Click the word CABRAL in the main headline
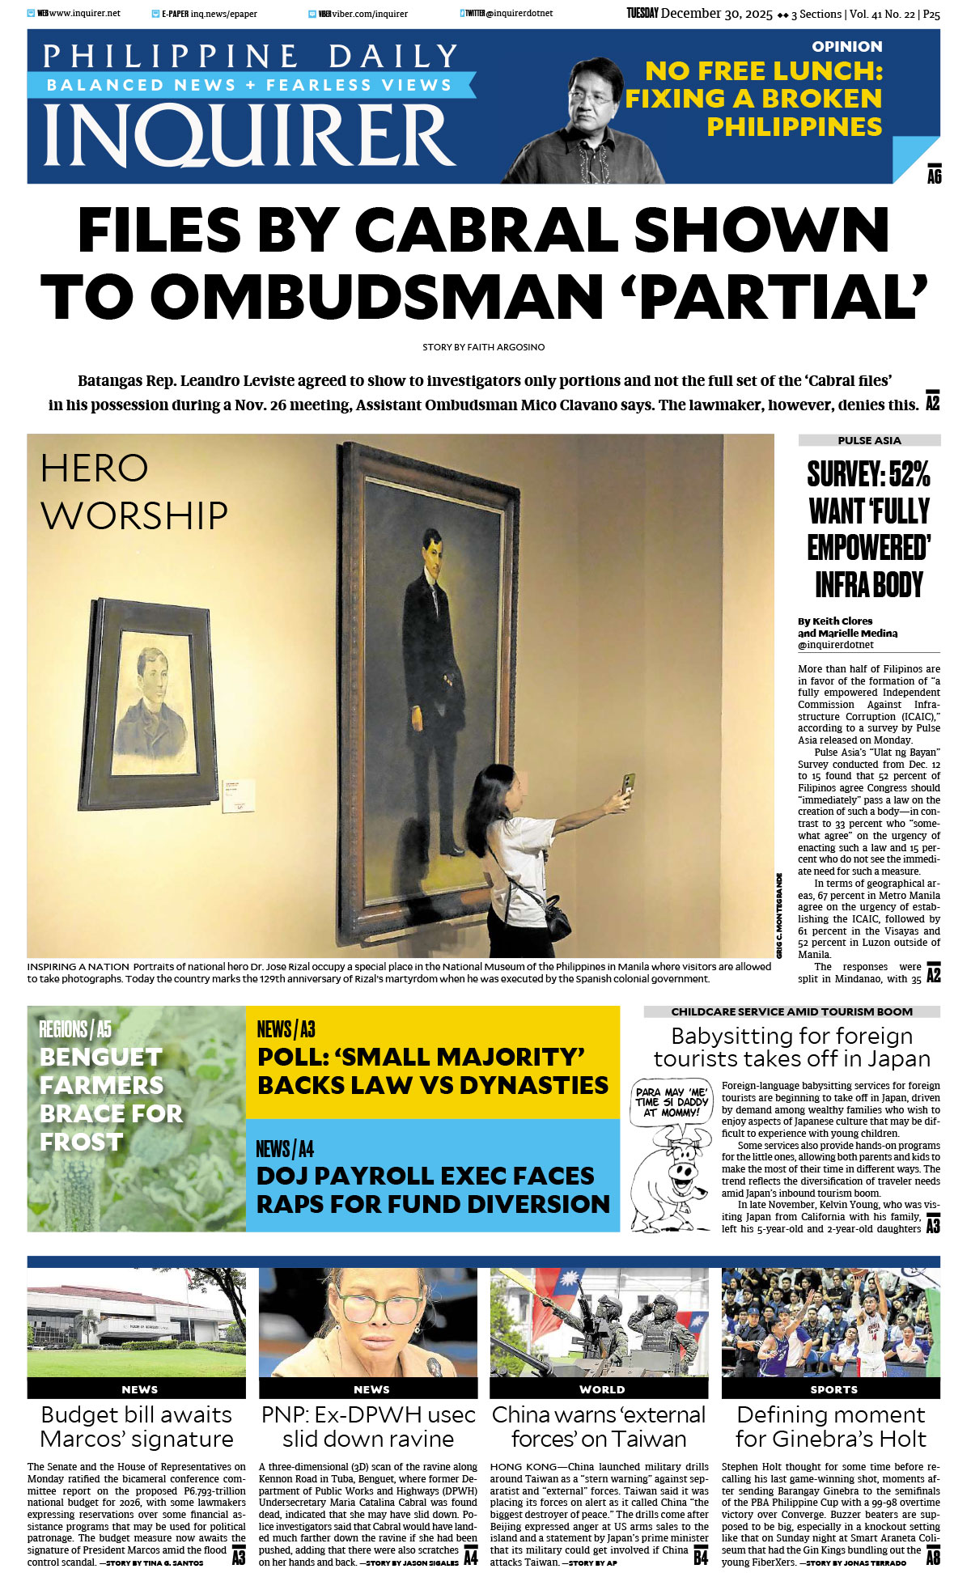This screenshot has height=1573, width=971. pyautogui.click(x=485, y=231)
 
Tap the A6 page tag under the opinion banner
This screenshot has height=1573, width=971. pyautogui.click(x=934, y=176)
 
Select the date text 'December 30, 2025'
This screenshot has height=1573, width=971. pyautogui.click(x=717, y=14)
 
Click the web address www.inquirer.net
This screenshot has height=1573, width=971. pyautogui.click(x=85, y=14)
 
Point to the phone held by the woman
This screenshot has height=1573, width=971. pyautogui.click(x=627, y=783)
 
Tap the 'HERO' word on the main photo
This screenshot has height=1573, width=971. pyautogui.click(x=95, y=469)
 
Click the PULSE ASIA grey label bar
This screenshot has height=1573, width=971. pyautogui.click(x=869, y=440)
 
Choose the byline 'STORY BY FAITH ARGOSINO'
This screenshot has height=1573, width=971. pyautogui.click(x=483, y=347)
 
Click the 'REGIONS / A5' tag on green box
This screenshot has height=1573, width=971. pyautogui.click(x=75, y=1029)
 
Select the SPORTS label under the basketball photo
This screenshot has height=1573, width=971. pyautogui.click(x=833, y=1389)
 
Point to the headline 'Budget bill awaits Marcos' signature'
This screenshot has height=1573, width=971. pyautogui.click(x=136, y=1427)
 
